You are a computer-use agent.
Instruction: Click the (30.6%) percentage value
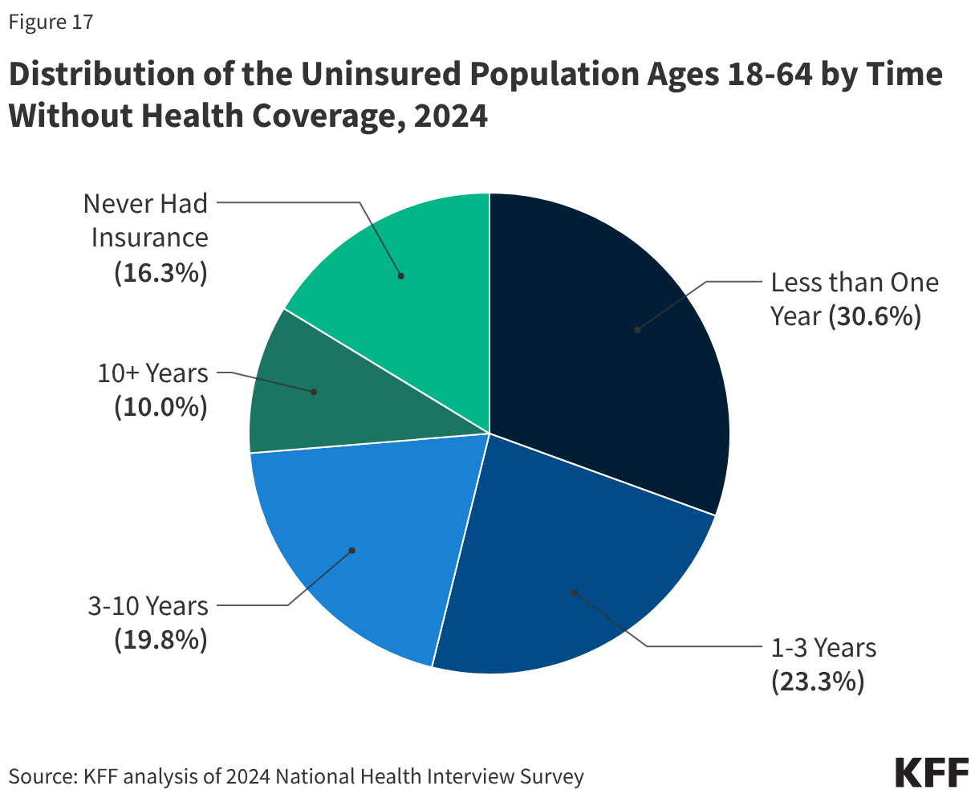(x=875, y=316)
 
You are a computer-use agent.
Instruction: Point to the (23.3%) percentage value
(x=817, y=682)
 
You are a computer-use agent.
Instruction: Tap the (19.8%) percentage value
(x=160, y=640)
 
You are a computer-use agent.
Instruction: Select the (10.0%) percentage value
(x=160, y=408)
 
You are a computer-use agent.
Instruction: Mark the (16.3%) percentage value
(x=160, y=274)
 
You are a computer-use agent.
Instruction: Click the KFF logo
(x=932, y=772)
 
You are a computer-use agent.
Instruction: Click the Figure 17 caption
(x=51, y=22)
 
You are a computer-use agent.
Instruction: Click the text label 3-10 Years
(x=148, y=605)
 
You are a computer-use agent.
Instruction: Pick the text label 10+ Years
(x=152, y=373)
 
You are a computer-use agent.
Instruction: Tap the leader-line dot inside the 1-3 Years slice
(x=574, y=592)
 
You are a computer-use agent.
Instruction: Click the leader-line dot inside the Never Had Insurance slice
(x=401, y=275)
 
